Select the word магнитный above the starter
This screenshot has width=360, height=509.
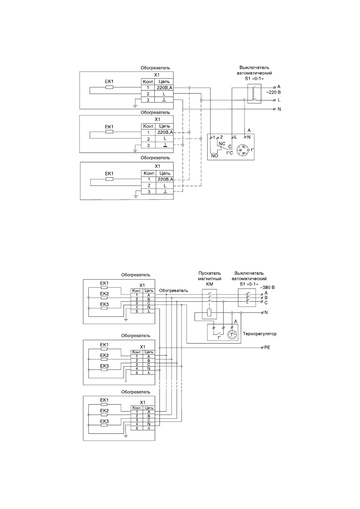click(x=209, y=279)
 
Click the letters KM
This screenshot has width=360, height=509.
click(x=209, y=284)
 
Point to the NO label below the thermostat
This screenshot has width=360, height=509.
click(x=215, y=156)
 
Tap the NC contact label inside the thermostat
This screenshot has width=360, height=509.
click(x=221, y=144)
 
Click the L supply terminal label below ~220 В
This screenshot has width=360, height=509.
click(x=279, y=100)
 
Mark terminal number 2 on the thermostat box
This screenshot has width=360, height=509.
click(x=221, y=137)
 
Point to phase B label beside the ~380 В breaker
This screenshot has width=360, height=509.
click(x=266, y=297)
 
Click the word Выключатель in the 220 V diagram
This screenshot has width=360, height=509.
click(x=251, y=68)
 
